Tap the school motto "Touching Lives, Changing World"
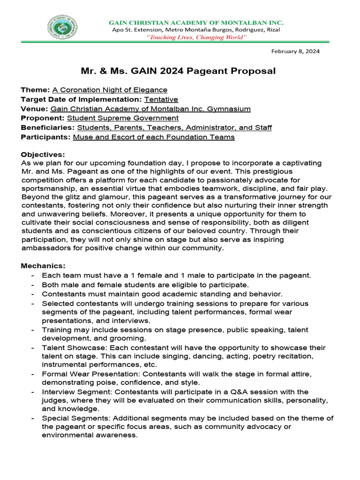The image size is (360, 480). pyautogui.click(x=196, y=37)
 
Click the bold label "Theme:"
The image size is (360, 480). pyautogui.click(x=35, y=90)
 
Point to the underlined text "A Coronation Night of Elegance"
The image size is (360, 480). pyautogui.click(x=110, y=90)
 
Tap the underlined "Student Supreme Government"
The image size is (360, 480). pyautogui.click(x=123, y=118)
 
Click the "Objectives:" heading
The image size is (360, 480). pyautogui.click(x=43, y=154)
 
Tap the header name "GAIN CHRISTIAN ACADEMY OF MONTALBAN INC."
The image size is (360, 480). pyautogui.click(x=196, y=22)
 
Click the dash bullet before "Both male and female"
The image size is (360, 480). pyautogui.click(x=32, y=285)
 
